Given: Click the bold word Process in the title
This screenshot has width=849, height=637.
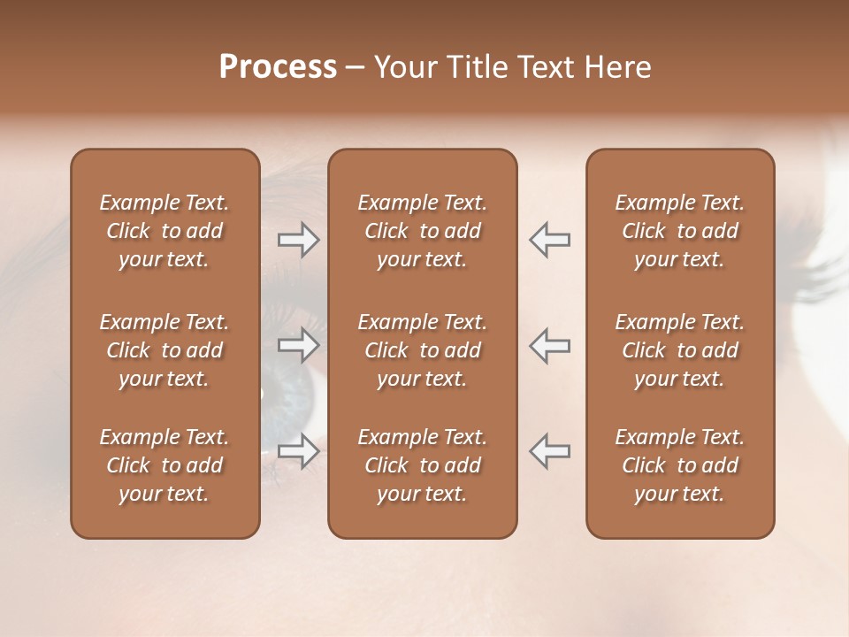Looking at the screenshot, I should [x=278, y=67].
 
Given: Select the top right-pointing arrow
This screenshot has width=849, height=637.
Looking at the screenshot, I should [x=299, y=240].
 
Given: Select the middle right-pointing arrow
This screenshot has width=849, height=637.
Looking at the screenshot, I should [x=299, y=345].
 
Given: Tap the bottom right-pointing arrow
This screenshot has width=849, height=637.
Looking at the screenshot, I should [x=299, y=451].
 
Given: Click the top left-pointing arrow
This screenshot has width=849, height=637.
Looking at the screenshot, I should [x=549, y=240].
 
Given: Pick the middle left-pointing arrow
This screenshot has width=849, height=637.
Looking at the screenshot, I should [x=549, y=345].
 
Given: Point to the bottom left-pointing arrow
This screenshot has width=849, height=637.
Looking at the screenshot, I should [x=549, y=451].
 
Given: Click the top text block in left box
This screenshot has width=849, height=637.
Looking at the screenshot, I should [x=164, y=231].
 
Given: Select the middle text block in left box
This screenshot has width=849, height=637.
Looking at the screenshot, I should [x=164, y=350].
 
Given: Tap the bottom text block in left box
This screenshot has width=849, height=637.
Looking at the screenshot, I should [x=164, y=465].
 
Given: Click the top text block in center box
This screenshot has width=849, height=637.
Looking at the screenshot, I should [x=422, y=231].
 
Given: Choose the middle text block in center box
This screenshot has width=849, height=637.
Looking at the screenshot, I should [x=422, y=350].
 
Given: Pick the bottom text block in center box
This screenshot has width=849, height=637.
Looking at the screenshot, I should [x=422, y=465].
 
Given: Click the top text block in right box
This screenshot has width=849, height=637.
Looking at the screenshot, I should [x=679, y=231].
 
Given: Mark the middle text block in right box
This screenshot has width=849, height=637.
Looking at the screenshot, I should [x=679, y=350].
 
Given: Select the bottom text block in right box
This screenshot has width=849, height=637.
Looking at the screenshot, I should [x=679, y=465].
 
